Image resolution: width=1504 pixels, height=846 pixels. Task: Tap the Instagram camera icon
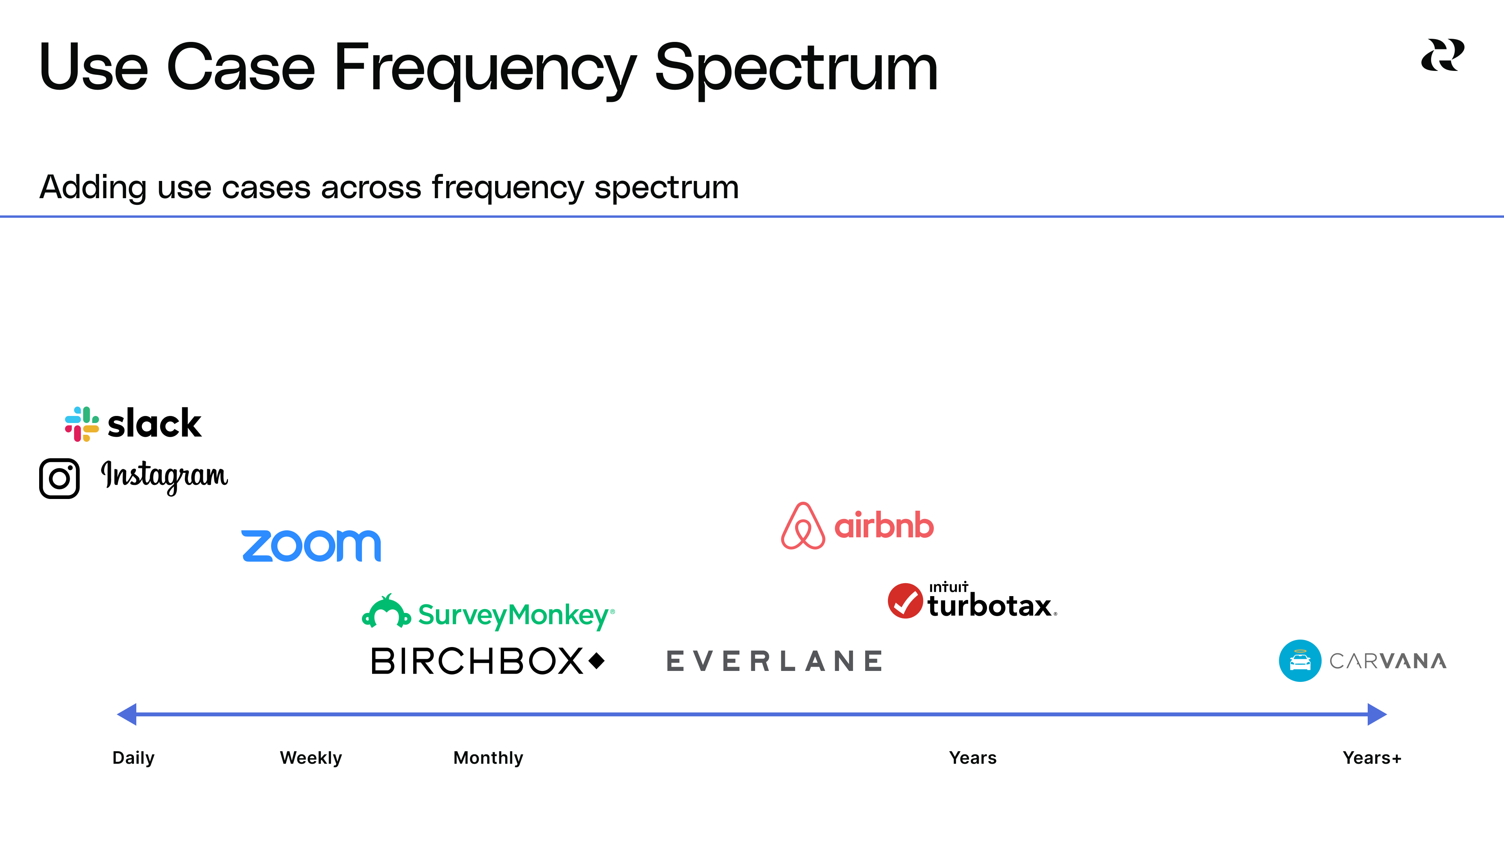point(59,478)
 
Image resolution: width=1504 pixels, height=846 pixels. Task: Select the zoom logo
point(311,546)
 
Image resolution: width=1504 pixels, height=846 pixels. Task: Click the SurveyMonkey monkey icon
point(386,612)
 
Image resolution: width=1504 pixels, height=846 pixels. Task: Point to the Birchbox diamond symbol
point(597,661)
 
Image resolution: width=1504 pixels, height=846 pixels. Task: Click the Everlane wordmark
point(774,661)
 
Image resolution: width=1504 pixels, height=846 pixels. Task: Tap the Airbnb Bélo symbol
point(803,526)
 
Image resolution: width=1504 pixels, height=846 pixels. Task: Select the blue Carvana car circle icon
point(1300,660)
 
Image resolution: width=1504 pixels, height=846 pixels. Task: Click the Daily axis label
point(133,758)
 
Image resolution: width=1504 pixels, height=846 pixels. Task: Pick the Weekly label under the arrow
point(311,758)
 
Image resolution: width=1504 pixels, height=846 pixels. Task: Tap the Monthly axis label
point(488,758)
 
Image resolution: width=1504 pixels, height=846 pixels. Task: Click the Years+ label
point(1372,758)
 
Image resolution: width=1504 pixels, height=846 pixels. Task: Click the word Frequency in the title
point(484,69)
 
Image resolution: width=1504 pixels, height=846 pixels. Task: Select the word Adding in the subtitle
point(92,188)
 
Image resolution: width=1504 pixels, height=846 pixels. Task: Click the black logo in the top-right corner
point(1442,56)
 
